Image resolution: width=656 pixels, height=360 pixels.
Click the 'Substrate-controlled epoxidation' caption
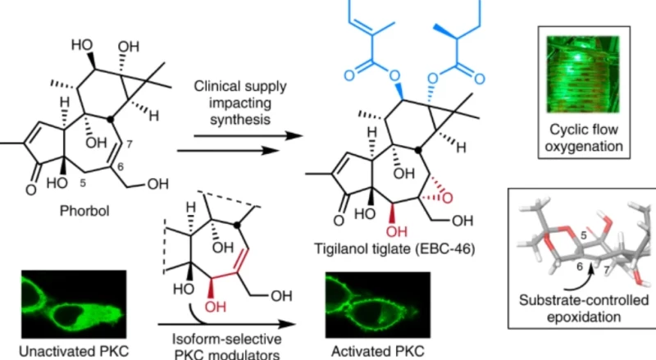(x=581, y=305)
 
